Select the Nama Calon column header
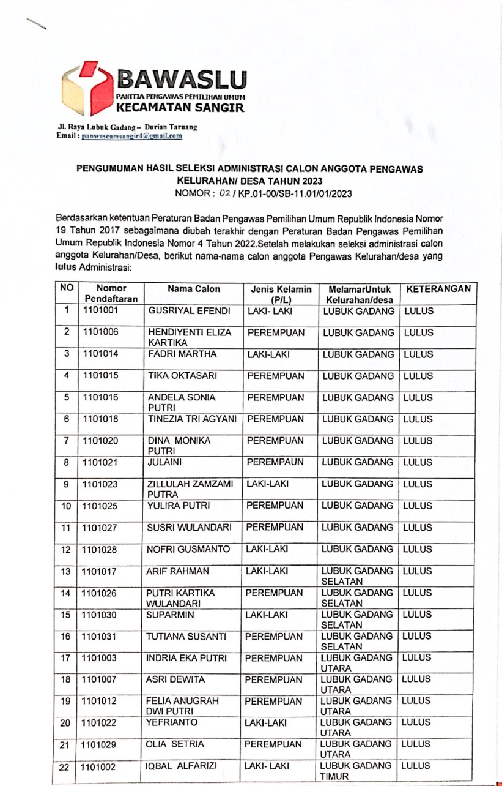click(x=194, y=289)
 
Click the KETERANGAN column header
click(x=438, y=288)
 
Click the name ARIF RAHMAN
click(x=177, y=572)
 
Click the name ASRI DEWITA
click(x=174, y=679)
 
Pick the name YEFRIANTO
click(x=172, y=723)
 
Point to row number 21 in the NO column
click(x=66, y=746)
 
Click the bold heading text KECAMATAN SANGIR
click(x=180, y=108)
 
